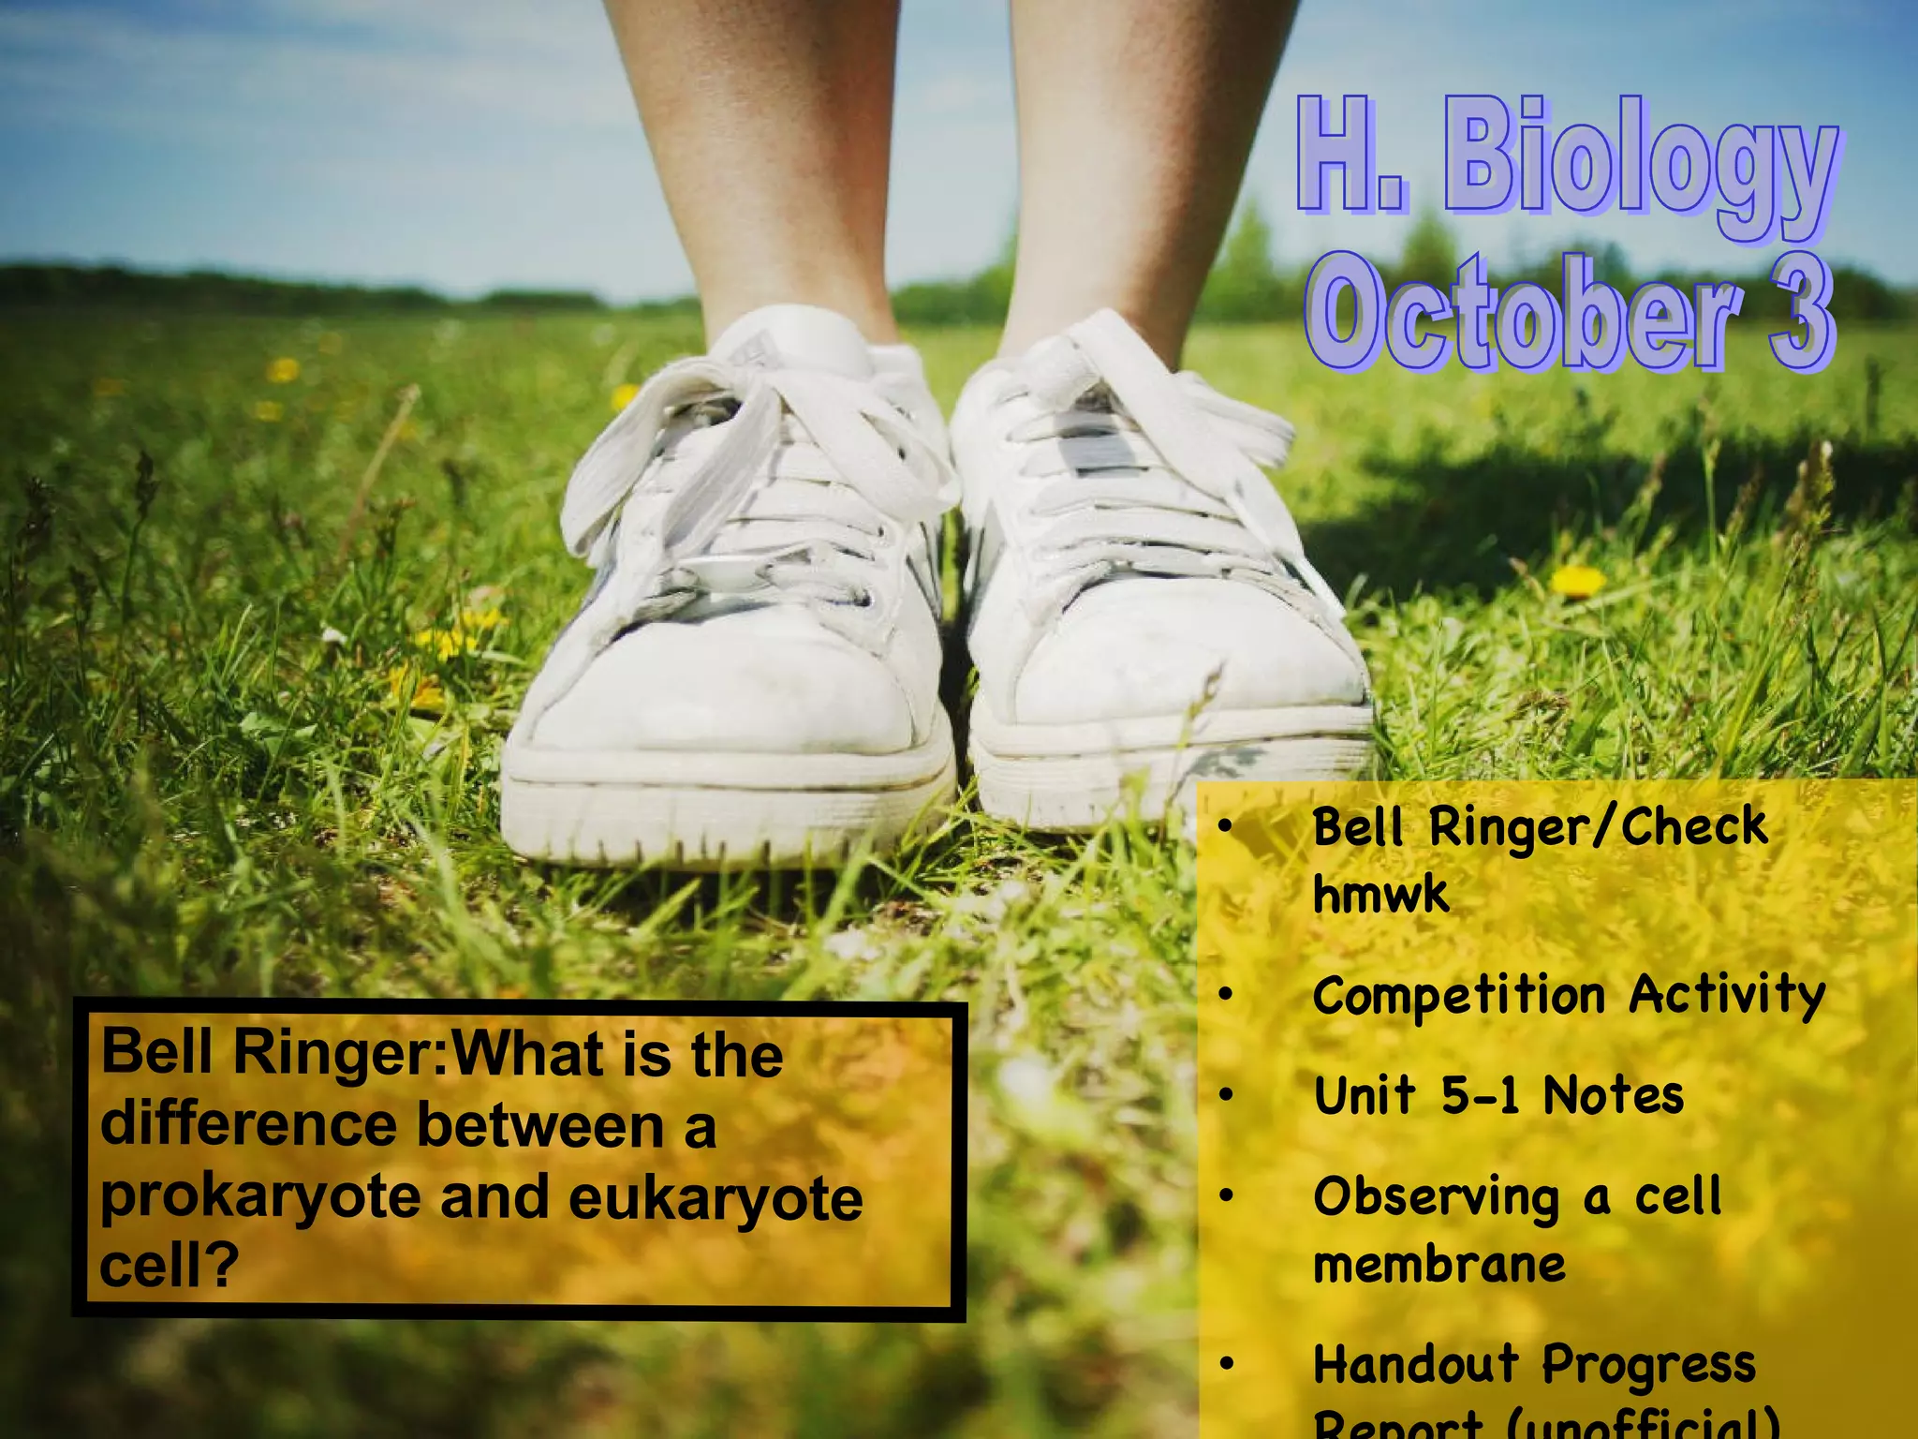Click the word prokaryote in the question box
coord(260,1198)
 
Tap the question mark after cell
coord(221,1266)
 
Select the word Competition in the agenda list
coord(1459,996)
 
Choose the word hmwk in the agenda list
coord(1380,895)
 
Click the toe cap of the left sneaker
coord(721,693)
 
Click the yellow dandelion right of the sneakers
coord(1578,582)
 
